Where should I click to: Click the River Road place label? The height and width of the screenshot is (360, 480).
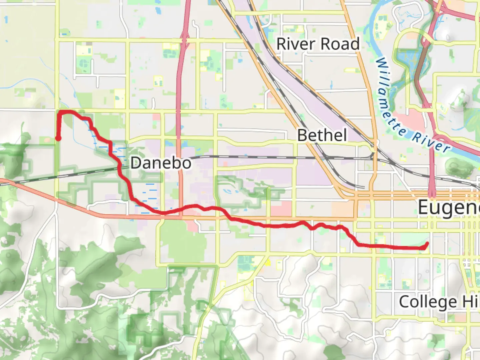tap(318, 44)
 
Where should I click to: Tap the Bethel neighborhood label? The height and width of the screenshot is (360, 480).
tap(322, 135)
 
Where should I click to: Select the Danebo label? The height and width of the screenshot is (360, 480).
tap(161, 163)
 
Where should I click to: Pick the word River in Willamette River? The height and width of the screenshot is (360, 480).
tap(431, 142)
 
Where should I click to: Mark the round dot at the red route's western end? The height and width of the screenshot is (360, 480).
tap(58, 138)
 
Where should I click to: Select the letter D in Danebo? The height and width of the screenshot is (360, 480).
tap(136, 163)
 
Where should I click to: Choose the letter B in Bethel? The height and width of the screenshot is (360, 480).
tap(302, 135)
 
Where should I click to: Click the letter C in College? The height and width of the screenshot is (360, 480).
tap(404, 302)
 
